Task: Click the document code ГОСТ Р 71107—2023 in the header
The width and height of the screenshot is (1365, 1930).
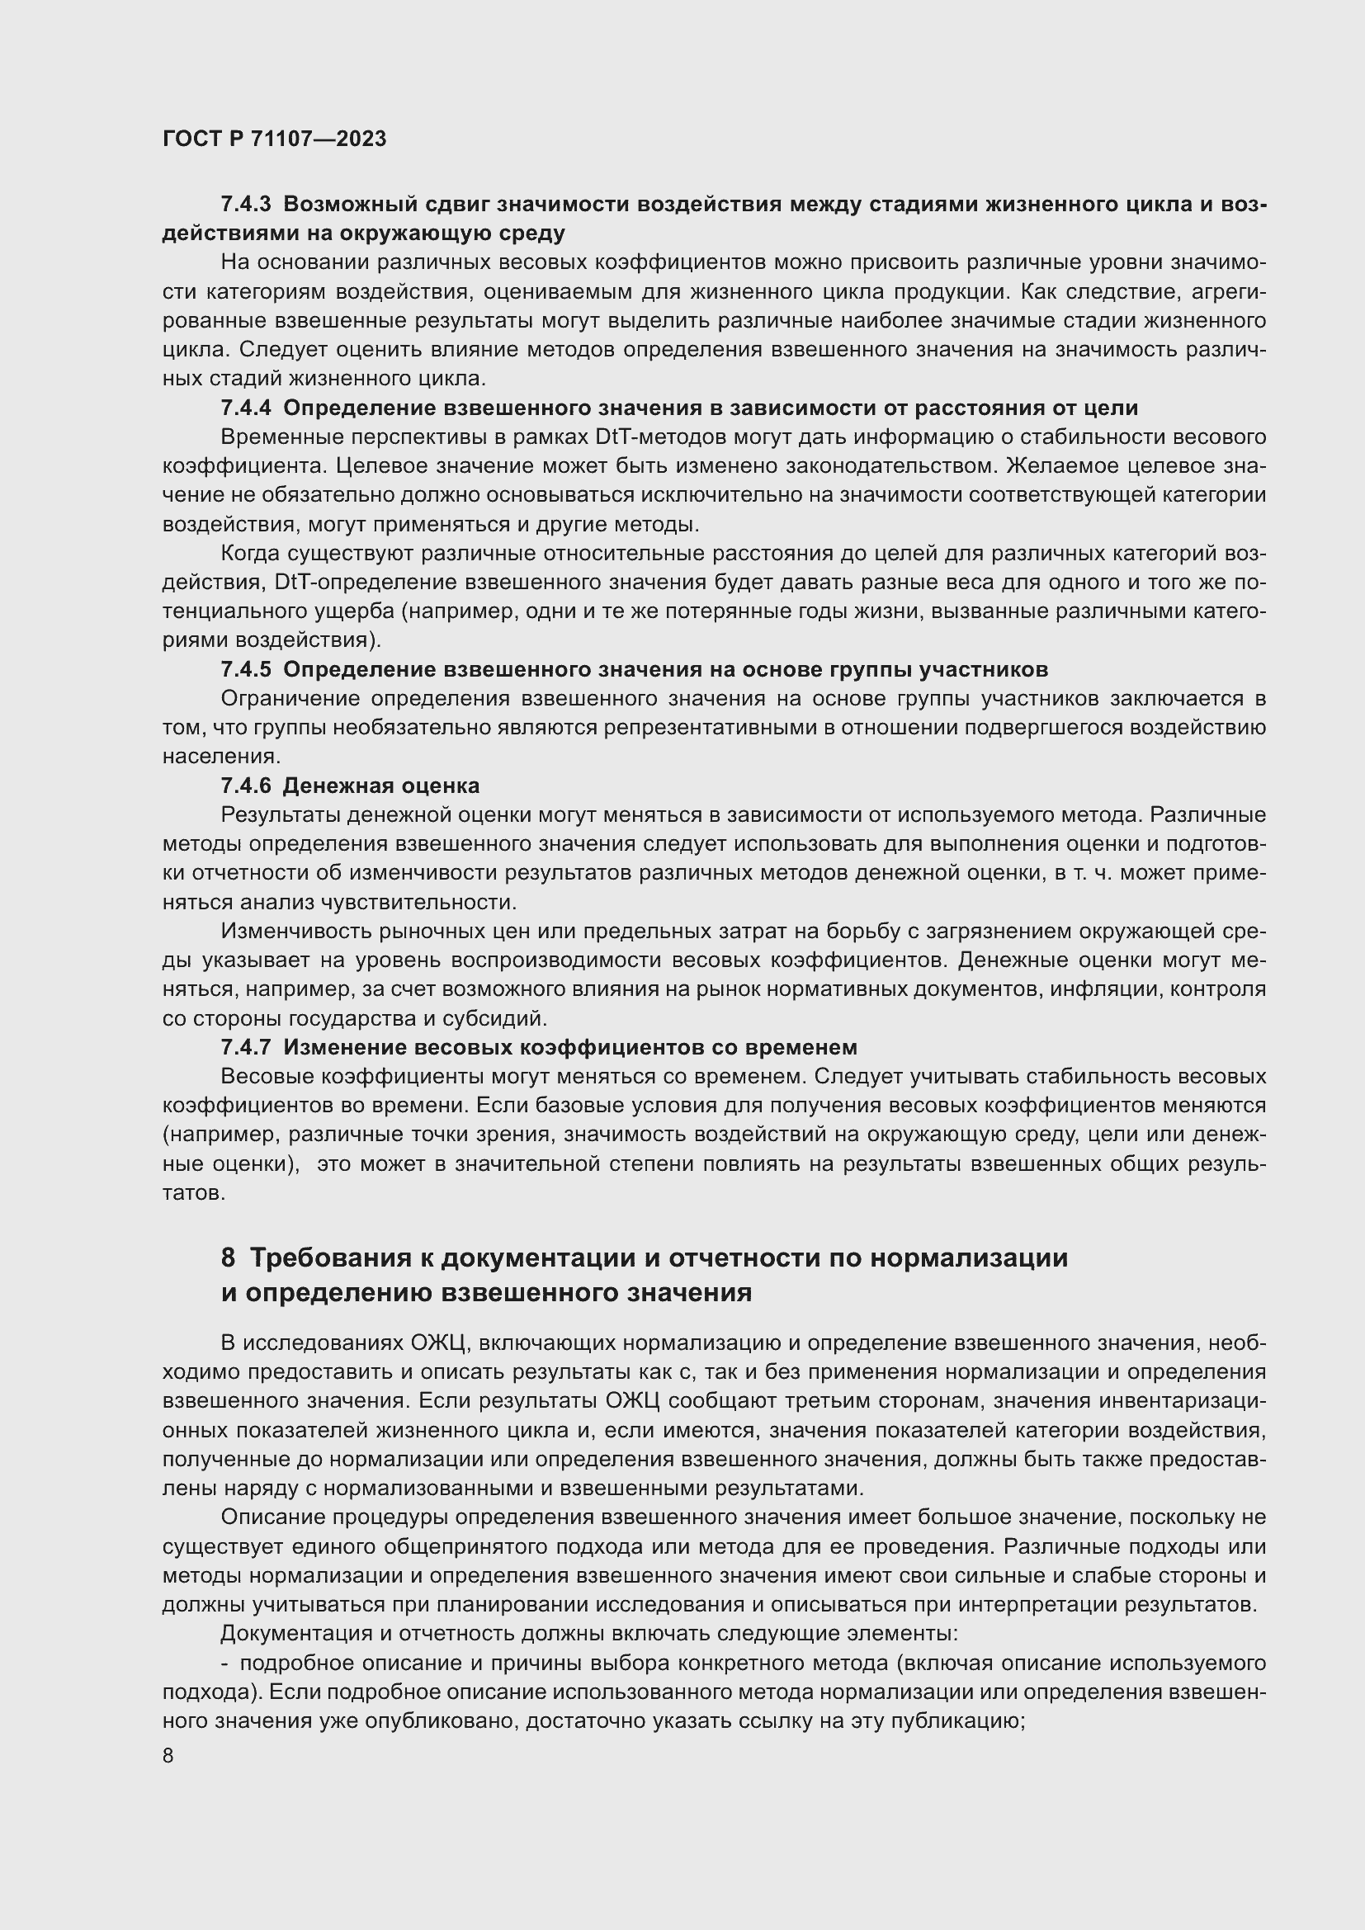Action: coord(274,139)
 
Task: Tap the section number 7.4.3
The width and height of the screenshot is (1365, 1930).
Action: coord(245,205)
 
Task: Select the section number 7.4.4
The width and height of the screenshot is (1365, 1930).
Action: coord(245,408)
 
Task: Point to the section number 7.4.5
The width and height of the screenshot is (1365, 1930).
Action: coord(245,669)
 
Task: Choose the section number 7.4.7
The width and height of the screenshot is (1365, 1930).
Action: coord(245,1046)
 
